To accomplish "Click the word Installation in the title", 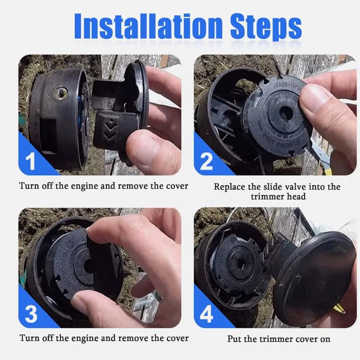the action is (148, 26).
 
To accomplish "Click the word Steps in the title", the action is (266, 27).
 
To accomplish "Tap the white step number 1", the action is (31, 162).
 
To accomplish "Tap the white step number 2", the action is (207, 162).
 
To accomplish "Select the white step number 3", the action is (31, 314).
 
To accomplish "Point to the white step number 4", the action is (207, 314).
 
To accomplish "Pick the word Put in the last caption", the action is (234, 339).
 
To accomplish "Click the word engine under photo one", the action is (84, 186).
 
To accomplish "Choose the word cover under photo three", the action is (177, 338).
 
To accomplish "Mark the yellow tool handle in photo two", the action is (329, 167).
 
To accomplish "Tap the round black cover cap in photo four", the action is (314, 278).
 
